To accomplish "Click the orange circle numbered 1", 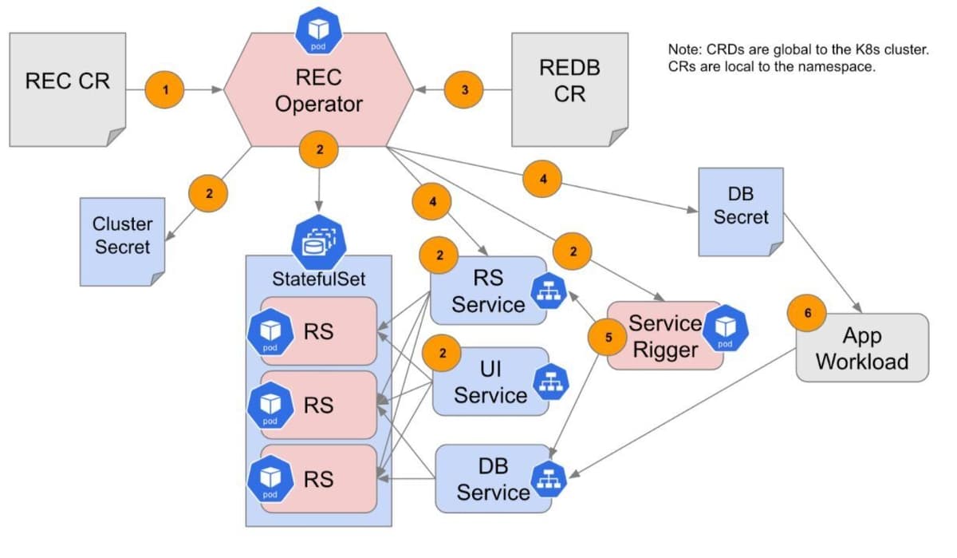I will point(165,90).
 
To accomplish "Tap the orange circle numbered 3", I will point(465,90).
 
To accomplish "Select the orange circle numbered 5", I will point(609,337).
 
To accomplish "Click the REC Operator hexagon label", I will point(319,91).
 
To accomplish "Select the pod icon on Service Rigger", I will point(725,329).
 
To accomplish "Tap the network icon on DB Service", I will point(553,477).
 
